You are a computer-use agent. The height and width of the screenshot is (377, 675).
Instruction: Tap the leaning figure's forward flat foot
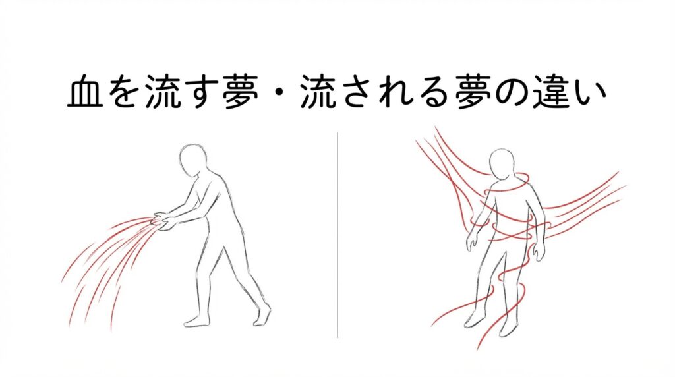197,321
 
